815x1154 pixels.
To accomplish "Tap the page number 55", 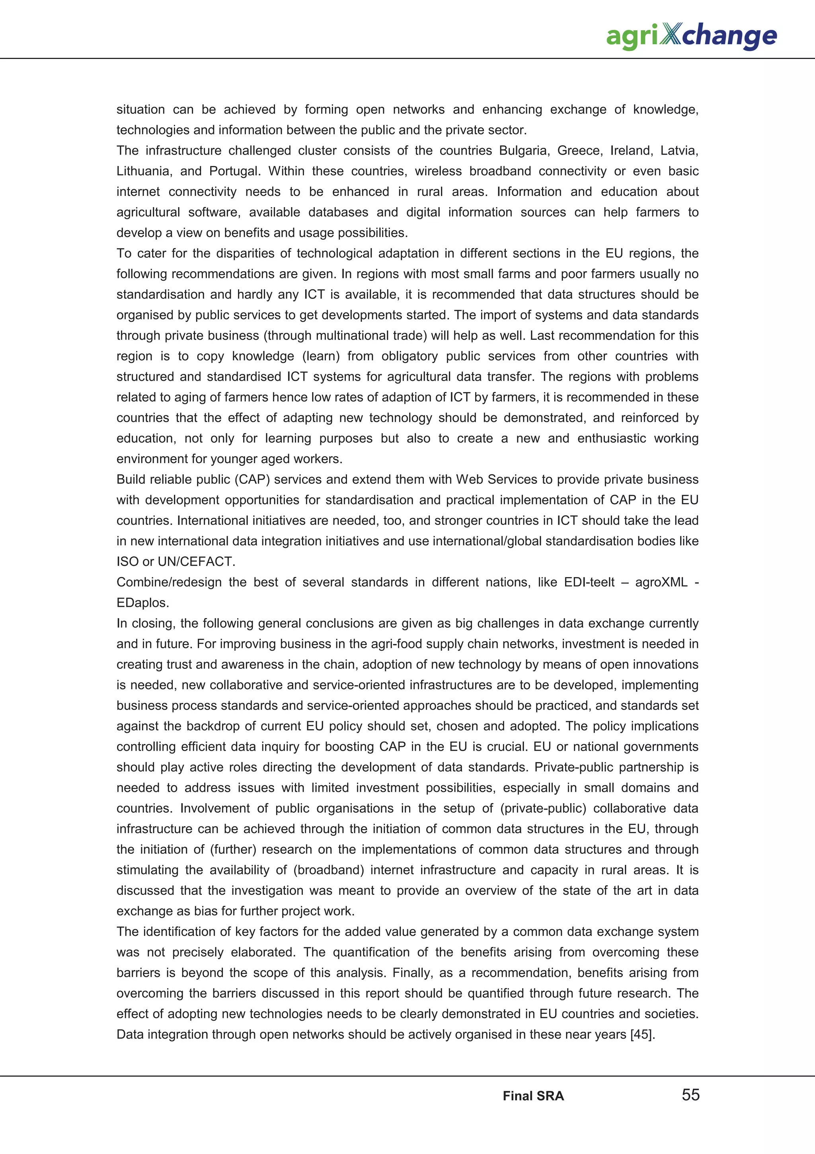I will coord(690,1095).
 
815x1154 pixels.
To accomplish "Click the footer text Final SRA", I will coord(533,1096).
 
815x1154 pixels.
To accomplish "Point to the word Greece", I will coord(579,151).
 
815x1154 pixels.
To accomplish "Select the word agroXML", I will coord(661,582).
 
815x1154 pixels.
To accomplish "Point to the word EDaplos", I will coord(142,602).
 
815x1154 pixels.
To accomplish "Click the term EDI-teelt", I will coord(589,582).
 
